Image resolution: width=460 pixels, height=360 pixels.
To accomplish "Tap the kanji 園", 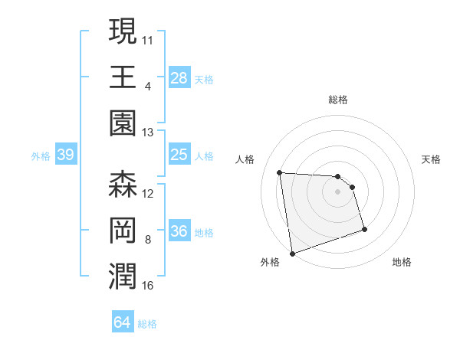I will (123, 124).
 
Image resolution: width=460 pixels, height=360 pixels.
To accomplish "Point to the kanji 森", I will (123, 185).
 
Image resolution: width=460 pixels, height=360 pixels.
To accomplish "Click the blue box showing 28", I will (179, 77).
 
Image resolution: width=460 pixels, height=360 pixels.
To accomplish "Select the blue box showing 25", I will (179, 155).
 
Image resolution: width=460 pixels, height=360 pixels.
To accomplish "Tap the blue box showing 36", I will (179, 232).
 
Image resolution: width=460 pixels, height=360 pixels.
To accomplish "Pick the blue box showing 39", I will (65, 155).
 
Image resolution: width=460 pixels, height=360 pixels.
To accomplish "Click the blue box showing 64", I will (123, 322).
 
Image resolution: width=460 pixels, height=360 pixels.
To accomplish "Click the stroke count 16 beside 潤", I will (148, 286).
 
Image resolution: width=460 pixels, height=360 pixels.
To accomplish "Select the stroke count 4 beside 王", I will (148, 86).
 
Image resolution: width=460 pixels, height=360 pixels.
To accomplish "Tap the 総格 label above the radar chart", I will (338, 100).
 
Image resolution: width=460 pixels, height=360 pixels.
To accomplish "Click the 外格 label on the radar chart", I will (270, 262).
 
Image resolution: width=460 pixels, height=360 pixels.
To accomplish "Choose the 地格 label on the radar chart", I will (402, 262).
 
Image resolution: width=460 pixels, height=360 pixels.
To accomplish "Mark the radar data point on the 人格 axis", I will (280, 172).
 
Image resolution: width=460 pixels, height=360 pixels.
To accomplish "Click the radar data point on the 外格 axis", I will (292, 253).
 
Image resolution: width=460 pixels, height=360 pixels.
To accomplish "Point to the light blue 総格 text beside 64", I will (147, 324).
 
